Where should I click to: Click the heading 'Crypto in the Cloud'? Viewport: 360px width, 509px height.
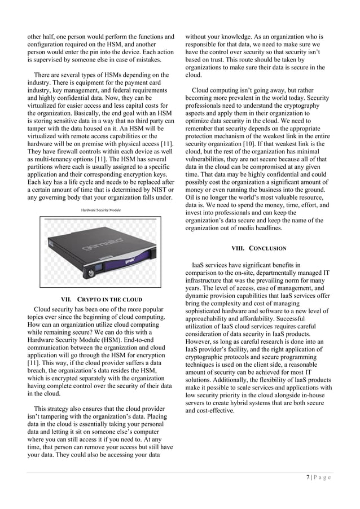[x=101, y=299]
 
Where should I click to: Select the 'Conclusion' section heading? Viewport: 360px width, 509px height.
[x=259, y=248]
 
